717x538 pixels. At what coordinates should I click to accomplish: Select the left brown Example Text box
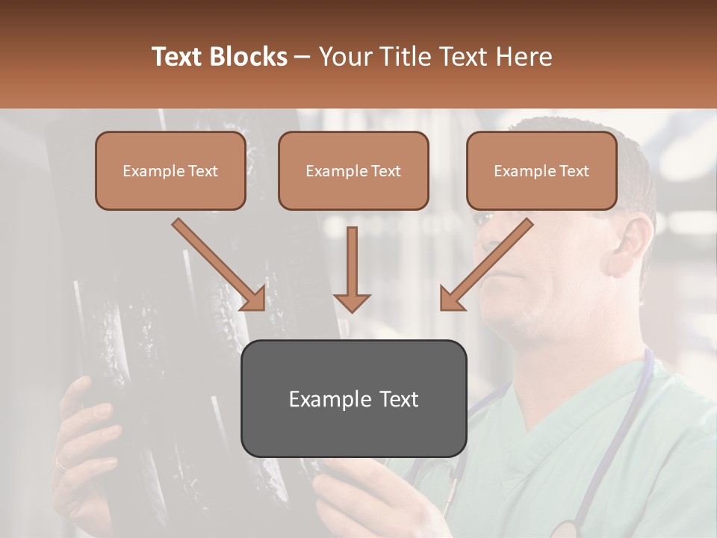pyautogui.click(x=170, y=171)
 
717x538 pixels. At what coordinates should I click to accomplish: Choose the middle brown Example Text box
pyautogui.click(x=353, y=171)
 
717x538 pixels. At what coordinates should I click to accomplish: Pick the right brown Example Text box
pyautogui.click(x=541, y=171)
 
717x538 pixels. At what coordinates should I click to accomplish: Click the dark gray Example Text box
pyautogui.click(x=353, y=398)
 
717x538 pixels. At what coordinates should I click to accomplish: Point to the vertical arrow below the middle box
pyautogui.click(x=352, y=269)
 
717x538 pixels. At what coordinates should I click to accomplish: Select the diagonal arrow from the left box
pyautogui.click(x=220, y=265)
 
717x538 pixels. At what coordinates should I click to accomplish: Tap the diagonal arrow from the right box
pyautogui.click(x=485, y=265)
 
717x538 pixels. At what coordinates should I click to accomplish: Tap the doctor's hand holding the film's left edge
pyautogui.click(x=82, y=433)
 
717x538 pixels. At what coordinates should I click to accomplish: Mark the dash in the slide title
pyautogui.click(x=302, y=58)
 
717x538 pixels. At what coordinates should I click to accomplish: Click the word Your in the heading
pyautogui.click(x=344, y=57)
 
